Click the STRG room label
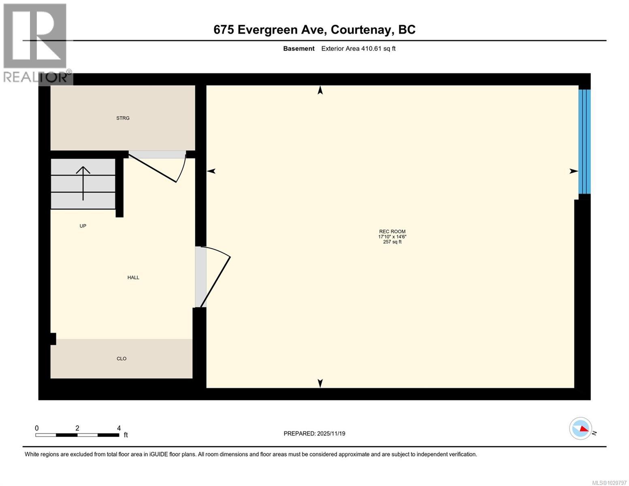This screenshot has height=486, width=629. tap(123, 118)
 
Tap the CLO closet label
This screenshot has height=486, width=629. tap(122, 359)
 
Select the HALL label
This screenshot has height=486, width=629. tap(133, 278)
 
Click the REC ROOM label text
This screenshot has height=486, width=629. tap(392, 232)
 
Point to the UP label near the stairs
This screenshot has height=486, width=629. tap(83, 226)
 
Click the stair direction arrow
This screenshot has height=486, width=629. tap(83, 183)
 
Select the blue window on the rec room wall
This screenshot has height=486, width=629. tap(584, 142)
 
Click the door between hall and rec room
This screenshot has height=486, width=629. tap(215, 277)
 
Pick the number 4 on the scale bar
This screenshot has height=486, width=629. tap(119, 428)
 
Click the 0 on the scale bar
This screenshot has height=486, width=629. tap(37, 428)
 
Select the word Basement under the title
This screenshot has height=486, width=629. tap(299, 49)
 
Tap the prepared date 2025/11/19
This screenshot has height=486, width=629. tap(331, 434)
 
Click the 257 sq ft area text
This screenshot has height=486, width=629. tap(392, 242)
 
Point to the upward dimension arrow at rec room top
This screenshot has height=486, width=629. tap(320, 91)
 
